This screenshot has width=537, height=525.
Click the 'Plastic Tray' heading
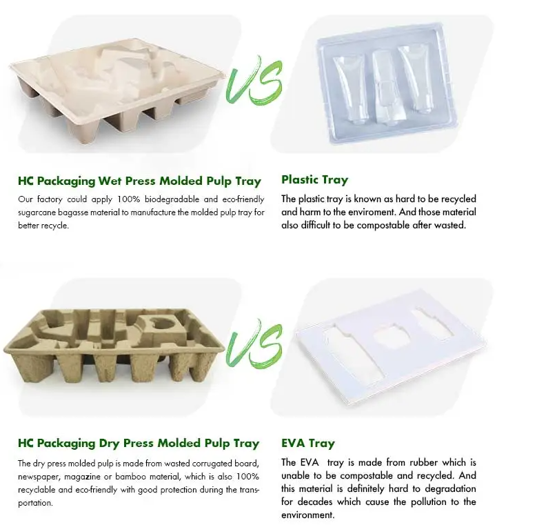pyautogui.click(x=314, y=180)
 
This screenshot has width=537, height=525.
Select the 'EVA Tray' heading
pyautogui.click(x=308, y=443)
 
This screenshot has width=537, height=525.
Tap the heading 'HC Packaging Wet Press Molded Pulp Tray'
pyautogui.click(x=140, y=181)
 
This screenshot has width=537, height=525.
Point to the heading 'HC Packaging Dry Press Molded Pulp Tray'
pyautogui.click(x=139, y=443)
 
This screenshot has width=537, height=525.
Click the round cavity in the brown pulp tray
pyautogui.click(x=164, y=324)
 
